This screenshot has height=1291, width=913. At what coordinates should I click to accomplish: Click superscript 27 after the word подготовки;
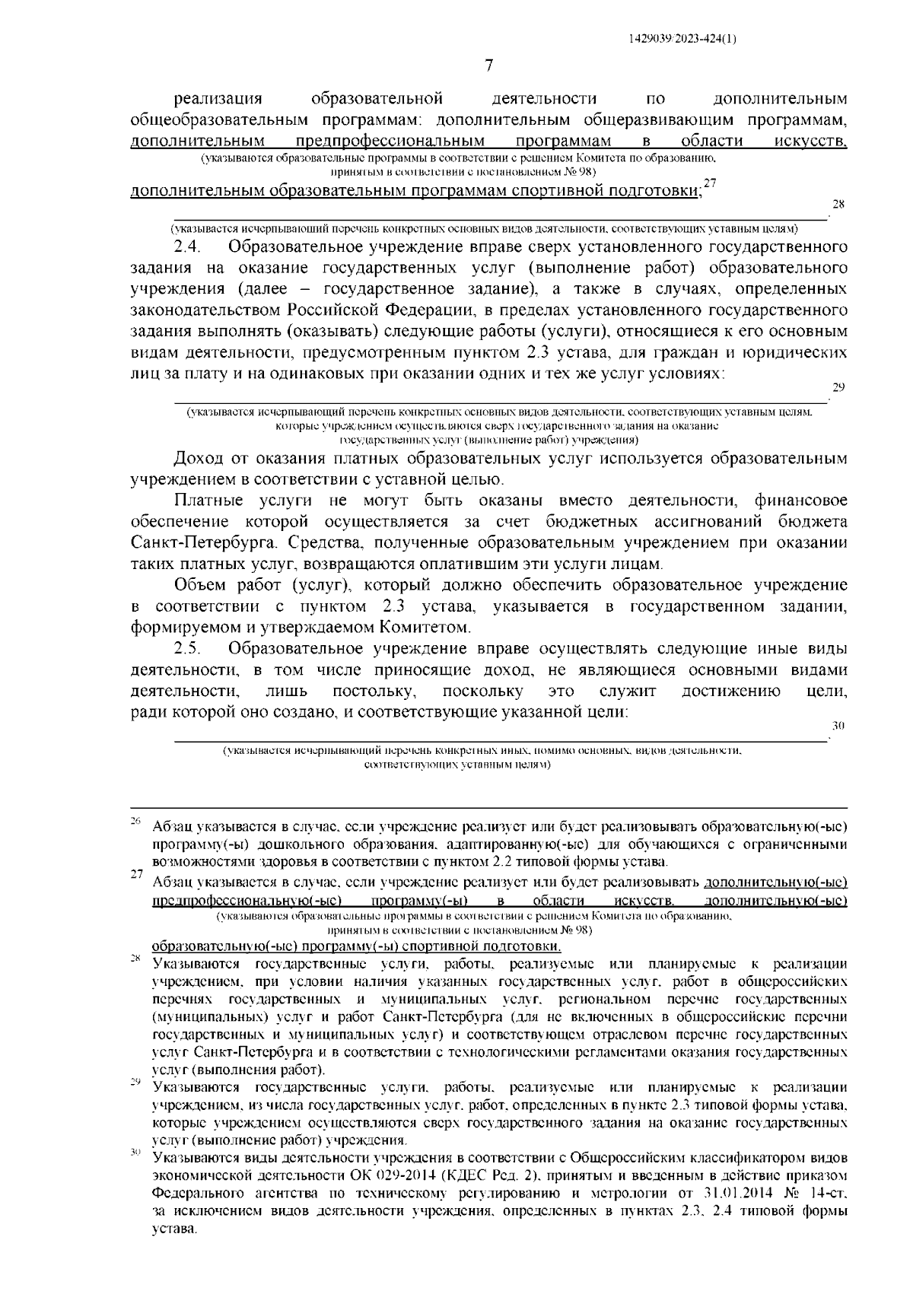(710, 183)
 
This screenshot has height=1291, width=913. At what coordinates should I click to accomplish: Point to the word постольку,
(374, 692)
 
